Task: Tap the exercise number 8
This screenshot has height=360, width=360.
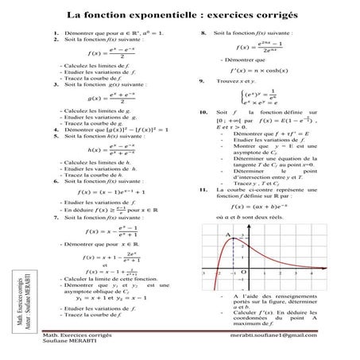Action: [x=204, y=33]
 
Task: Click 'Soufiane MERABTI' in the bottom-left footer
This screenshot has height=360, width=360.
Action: [x=65, y=344]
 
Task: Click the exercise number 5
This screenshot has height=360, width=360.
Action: [x=48, y=136]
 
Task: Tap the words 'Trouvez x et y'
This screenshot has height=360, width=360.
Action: [x=233, y=82]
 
